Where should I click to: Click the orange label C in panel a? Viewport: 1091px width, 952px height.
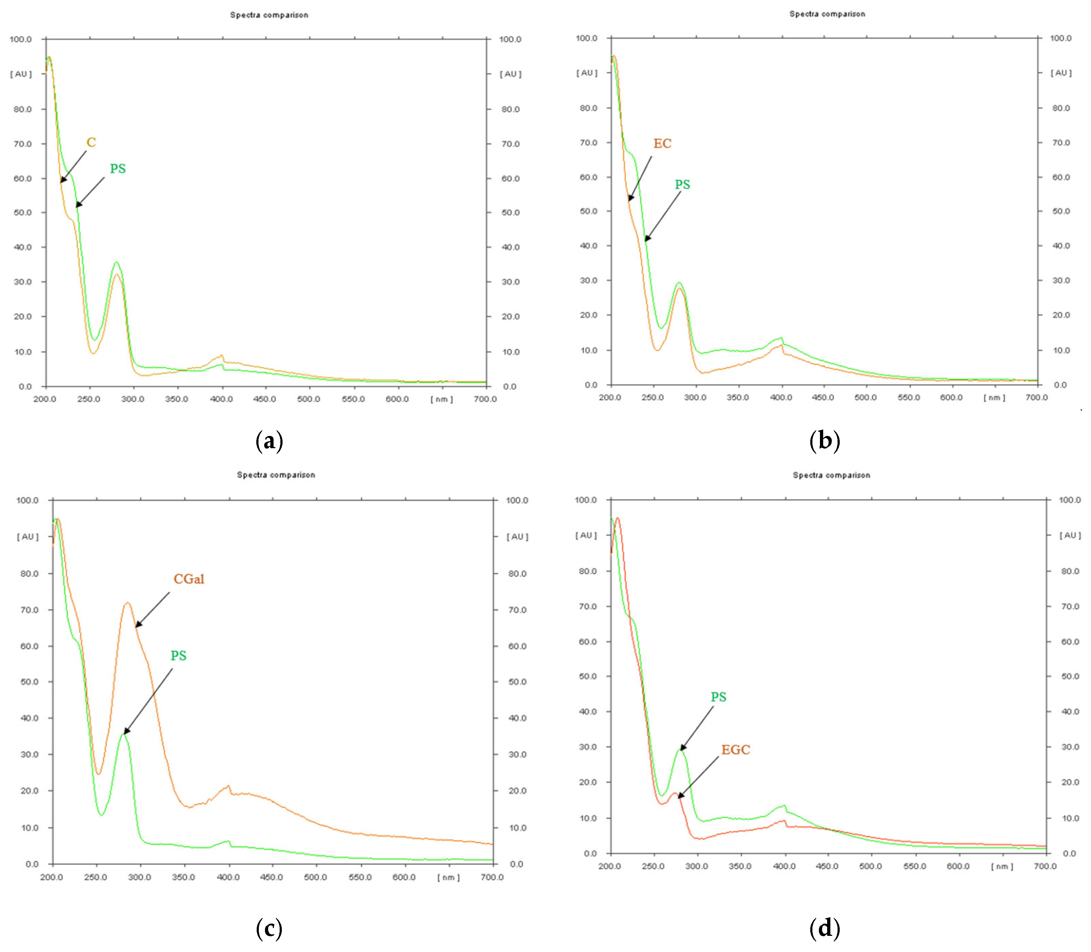[x=91, y=142]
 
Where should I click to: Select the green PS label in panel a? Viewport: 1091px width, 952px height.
[x=117, y=169]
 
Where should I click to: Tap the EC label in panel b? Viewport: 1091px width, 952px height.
[x=662, y=143]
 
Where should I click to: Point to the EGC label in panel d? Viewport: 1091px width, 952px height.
[x=735, y=749]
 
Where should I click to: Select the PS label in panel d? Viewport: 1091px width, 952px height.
[x=718, y=697]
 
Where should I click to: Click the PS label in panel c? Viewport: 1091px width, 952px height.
[x=178, y=656]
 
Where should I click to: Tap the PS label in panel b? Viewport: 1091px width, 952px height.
[x=682, y=185]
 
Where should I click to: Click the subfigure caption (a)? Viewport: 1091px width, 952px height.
[x=269, y=441]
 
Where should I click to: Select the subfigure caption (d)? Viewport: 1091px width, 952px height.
[x=824, y=928]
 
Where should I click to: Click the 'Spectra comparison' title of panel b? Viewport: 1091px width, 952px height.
[x=827, y=14]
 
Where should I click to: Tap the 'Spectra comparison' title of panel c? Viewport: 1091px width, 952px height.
[x=276, y=475]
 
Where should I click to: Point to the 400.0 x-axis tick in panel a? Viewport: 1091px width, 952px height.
[x=222, y=399]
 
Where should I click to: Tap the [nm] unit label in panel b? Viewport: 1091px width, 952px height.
[x=994, y=398]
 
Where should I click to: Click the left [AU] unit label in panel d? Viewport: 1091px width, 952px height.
[x=586, y=535]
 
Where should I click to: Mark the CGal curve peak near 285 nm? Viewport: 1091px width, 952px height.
[x=127, y=603]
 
